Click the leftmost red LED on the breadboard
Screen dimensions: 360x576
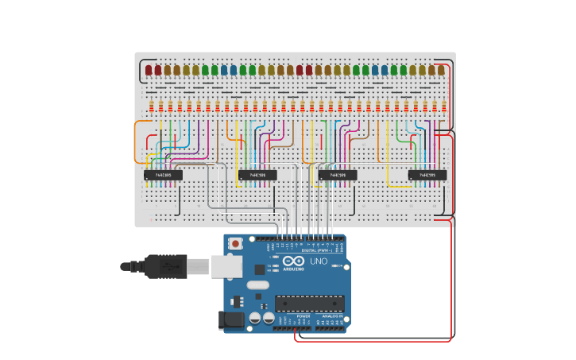tap(149, 71)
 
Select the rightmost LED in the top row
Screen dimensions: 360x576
tap(441, 71)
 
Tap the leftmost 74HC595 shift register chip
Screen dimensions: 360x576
tap(163, 175)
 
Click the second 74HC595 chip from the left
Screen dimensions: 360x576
tap(257, 175)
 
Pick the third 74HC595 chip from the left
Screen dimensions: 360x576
tap(338, 175)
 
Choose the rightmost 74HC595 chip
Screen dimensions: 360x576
tap(427, 175)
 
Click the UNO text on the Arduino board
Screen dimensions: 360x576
tap(318, 261)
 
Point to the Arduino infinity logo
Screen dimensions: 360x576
tap(293, 261)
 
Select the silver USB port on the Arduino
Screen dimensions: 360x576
tap(226, 266)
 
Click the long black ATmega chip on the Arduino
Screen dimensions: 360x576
tap(310, 303)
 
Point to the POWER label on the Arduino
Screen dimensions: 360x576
tap(303, 315)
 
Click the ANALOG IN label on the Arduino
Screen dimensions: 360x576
tap(332, 315)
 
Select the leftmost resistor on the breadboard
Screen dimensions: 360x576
tap(151, 106)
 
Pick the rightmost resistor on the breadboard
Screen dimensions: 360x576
tap(444, 106)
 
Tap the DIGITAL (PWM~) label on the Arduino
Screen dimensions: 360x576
tap(317, 250)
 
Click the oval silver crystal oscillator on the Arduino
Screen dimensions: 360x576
tap(258, 285)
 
